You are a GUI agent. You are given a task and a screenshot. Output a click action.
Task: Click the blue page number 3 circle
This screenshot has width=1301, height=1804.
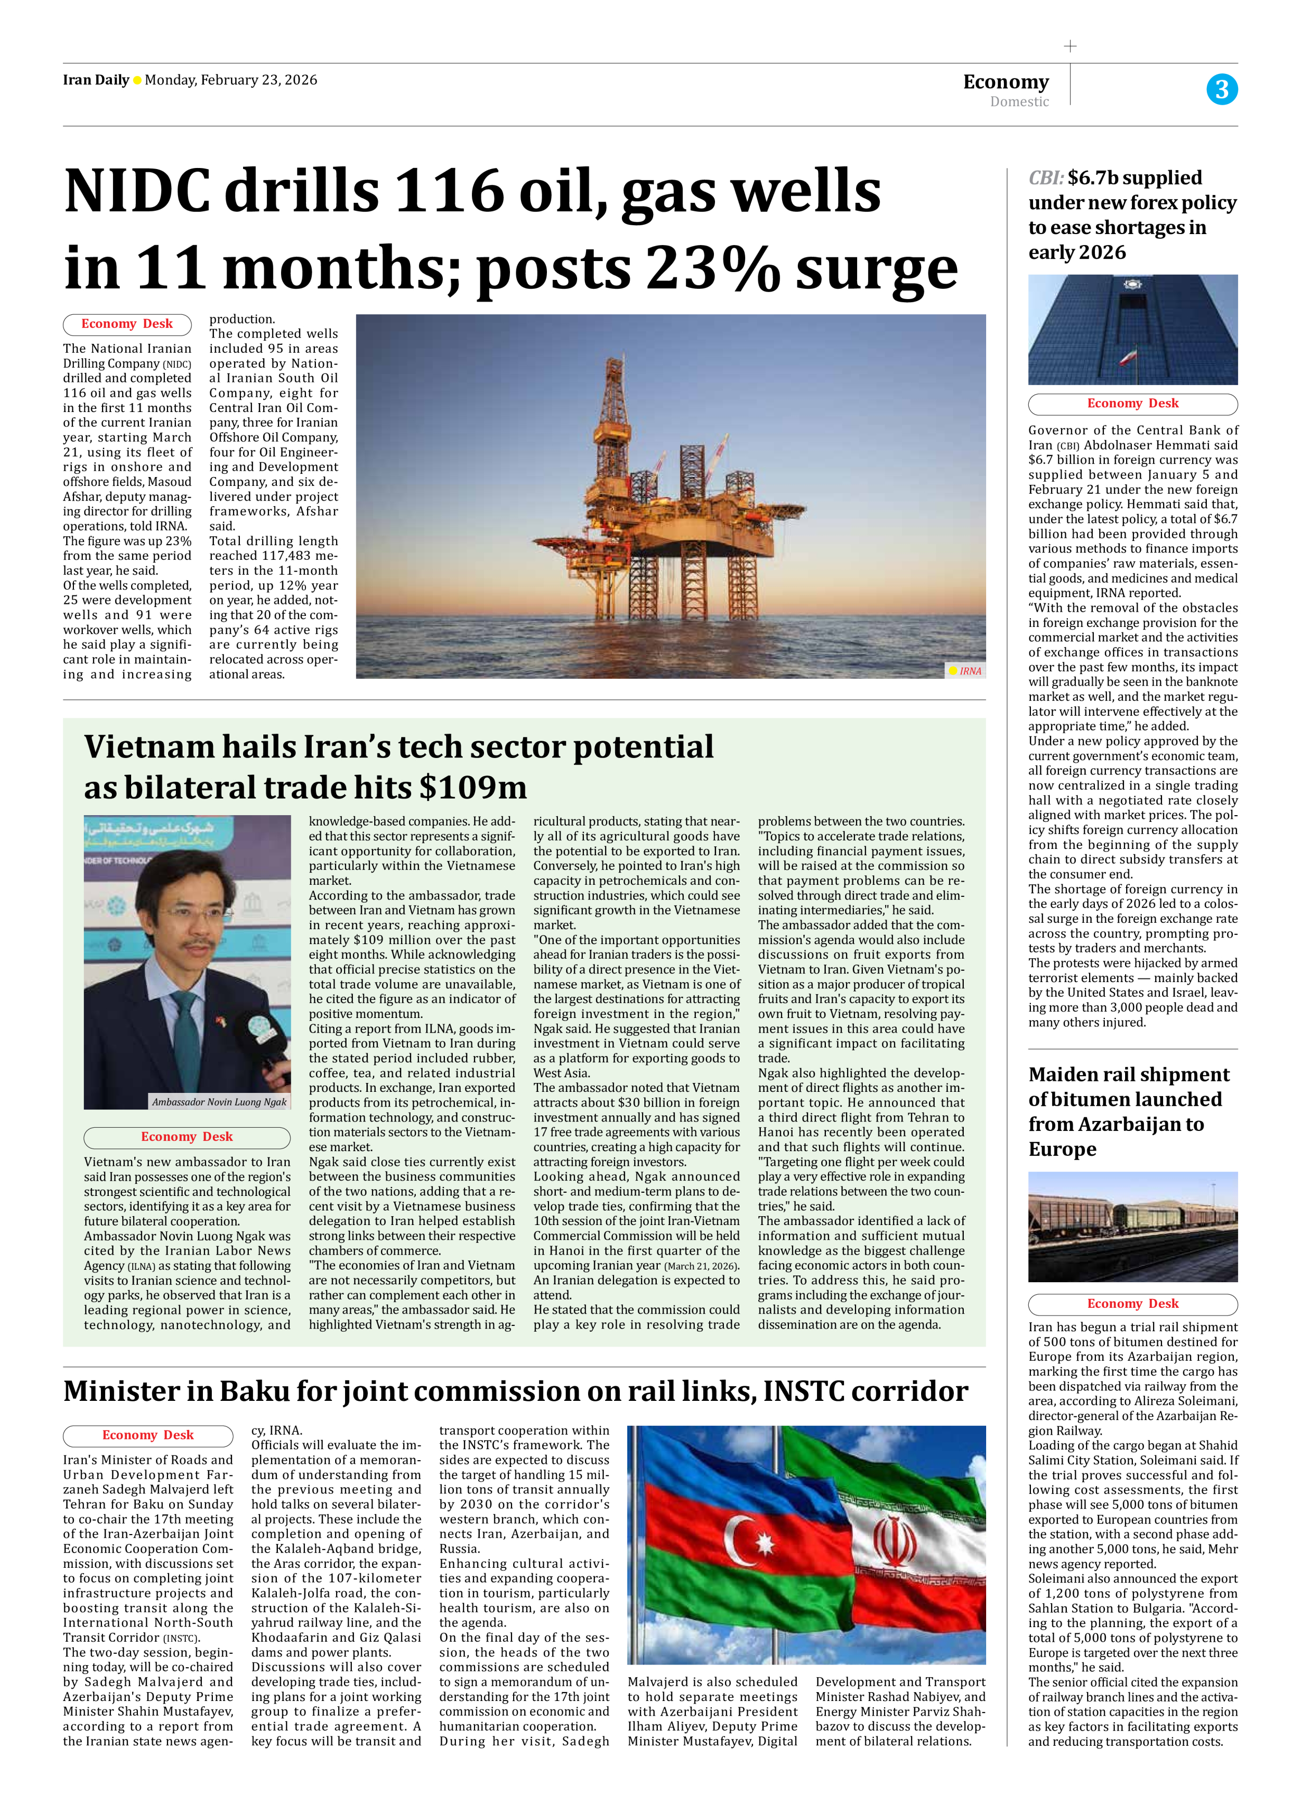[x=1221, y=88]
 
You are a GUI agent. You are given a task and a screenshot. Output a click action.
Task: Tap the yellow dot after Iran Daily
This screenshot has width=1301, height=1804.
[x=137, y=80]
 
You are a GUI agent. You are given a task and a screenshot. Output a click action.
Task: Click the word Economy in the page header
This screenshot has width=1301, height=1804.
[x=1006, y=82]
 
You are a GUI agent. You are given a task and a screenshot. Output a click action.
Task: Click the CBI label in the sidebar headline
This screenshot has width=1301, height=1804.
[x=1045, y=178]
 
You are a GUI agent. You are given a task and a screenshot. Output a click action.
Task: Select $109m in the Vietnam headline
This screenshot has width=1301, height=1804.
[x=473, y=788]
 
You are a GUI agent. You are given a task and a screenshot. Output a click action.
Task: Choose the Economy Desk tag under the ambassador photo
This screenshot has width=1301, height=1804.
[x=187, y=1137]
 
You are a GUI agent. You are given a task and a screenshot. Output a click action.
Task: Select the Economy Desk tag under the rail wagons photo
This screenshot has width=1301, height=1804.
[x=1132, y=1304]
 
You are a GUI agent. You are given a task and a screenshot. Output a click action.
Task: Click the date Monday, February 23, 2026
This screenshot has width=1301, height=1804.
[x=231, y=80]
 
